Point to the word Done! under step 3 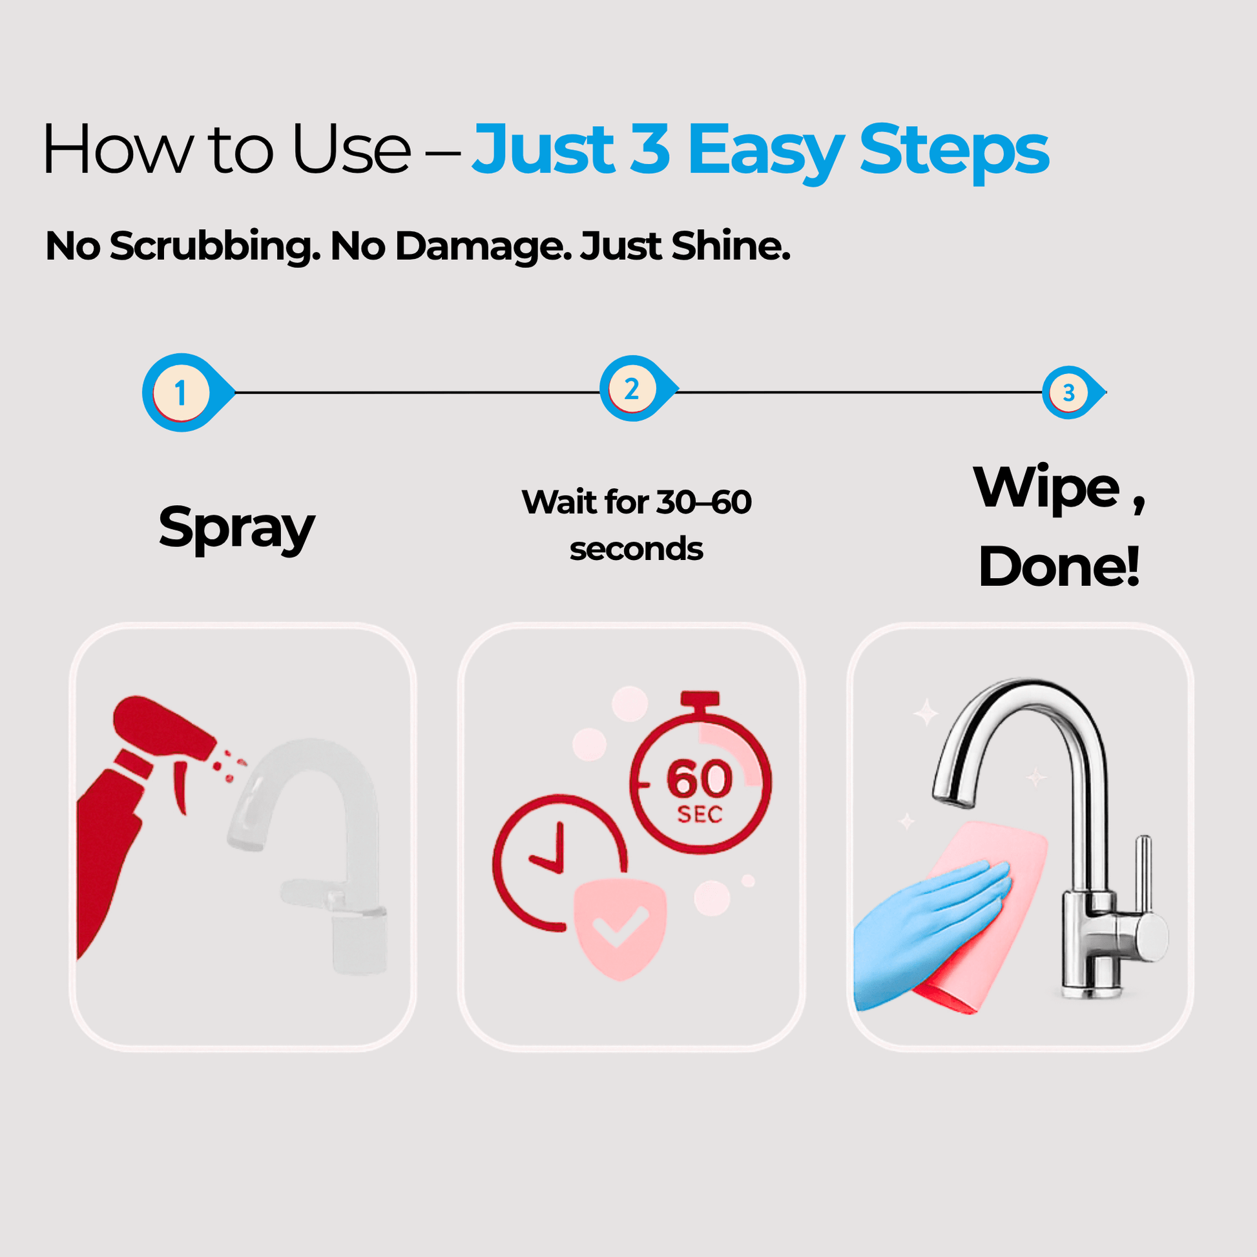(1059, 566)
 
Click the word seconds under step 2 (636, 549)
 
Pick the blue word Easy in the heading (766, 151)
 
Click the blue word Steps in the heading (954, 151)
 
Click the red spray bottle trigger (180, 785)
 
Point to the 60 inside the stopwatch (700, 779)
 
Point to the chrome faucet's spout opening (953, 800)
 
